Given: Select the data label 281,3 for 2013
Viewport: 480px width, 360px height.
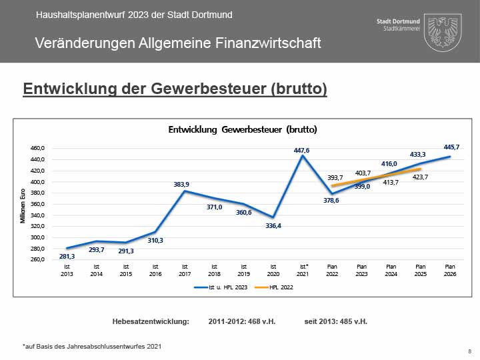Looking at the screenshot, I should point(67,255).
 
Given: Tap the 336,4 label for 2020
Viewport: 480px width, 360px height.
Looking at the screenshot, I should point(273,225).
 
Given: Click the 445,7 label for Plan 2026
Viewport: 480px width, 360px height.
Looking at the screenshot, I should point(451,147).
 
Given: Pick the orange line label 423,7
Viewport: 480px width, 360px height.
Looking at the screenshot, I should point(420,177).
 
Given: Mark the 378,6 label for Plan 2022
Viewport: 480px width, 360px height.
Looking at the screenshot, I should point(332,200).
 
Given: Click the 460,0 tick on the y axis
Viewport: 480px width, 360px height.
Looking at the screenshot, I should point(37,149).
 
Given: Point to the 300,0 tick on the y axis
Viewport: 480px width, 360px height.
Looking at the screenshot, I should point(37,237).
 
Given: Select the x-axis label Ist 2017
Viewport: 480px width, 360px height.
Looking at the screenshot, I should point(184,270).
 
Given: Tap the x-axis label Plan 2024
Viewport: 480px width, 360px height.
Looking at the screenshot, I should point(391,270).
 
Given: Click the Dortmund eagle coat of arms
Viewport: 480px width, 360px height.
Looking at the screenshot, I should point(442,32).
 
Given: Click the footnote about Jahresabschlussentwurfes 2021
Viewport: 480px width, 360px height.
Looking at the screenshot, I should point(92,346).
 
